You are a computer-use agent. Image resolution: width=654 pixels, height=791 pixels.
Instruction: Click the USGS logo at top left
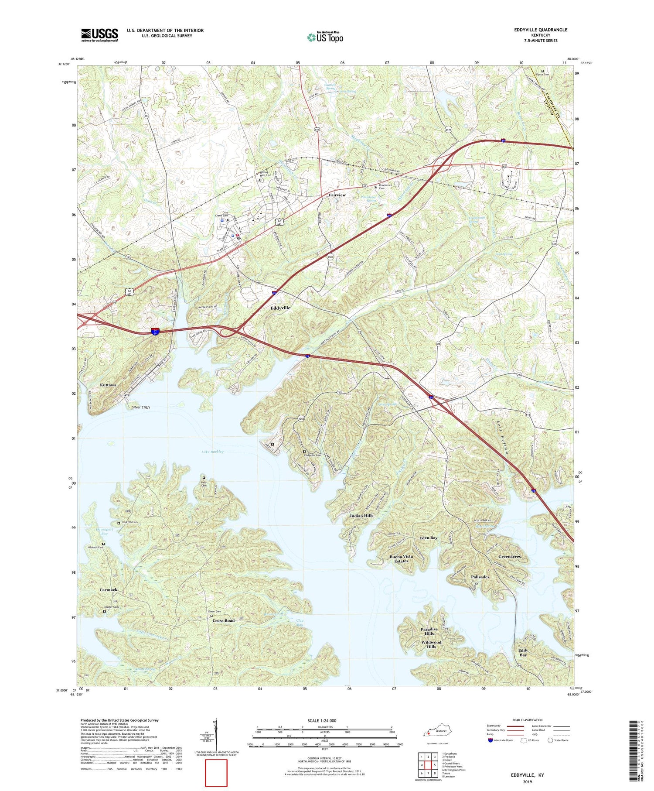point(99,35)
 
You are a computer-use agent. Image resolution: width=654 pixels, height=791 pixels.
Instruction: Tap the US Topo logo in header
point(325,37)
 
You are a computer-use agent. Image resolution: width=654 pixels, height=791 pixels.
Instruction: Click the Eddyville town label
point(280,308)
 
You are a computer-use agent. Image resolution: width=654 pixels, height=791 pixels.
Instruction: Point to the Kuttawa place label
point(108,385)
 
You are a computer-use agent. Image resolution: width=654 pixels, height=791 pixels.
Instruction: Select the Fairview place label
point(337,195)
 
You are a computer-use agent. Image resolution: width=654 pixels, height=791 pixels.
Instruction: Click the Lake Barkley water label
point(212,452)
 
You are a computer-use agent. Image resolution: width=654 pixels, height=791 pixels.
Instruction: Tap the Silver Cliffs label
point(141,407)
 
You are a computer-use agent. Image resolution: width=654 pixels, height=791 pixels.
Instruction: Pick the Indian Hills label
point(361,516)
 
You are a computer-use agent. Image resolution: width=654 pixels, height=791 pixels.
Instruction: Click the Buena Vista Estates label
point(401,559)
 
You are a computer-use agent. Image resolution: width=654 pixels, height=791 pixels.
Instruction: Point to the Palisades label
point(480,577)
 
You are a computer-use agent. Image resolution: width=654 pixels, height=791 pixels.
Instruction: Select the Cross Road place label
point(223,620)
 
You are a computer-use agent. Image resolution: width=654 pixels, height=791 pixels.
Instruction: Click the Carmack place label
point(108,590)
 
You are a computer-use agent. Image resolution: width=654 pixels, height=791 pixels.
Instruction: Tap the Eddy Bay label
point(523,653)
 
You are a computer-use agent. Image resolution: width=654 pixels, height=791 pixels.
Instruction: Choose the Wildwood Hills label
point(431,644)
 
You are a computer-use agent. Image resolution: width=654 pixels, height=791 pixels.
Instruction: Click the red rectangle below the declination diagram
point(216,773)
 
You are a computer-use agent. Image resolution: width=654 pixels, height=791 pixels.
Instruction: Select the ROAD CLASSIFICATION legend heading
point(528,720)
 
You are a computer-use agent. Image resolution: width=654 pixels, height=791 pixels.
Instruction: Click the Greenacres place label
point(509,557)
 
